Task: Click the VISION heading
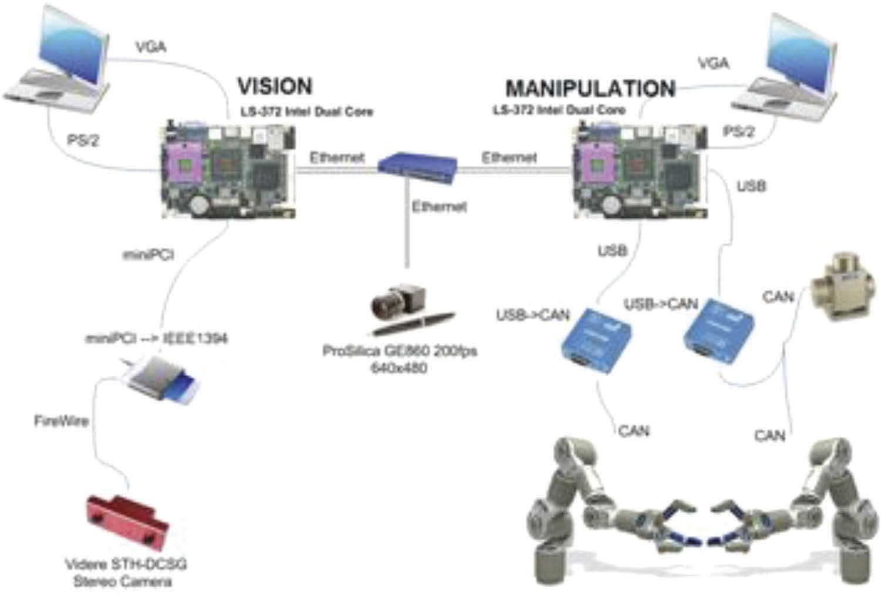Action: click(x=274, y=86)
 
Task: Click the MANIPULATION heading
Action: click(x=590, y=89)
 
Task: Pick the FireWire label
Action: click(x=62, y=421)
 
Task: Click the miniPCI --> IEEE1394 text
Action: click(x=156, y=338)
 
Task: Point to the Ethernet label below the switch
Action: click(x=439, y=206)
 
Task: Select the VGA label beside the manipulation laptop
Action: click(x=714, y=63)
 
